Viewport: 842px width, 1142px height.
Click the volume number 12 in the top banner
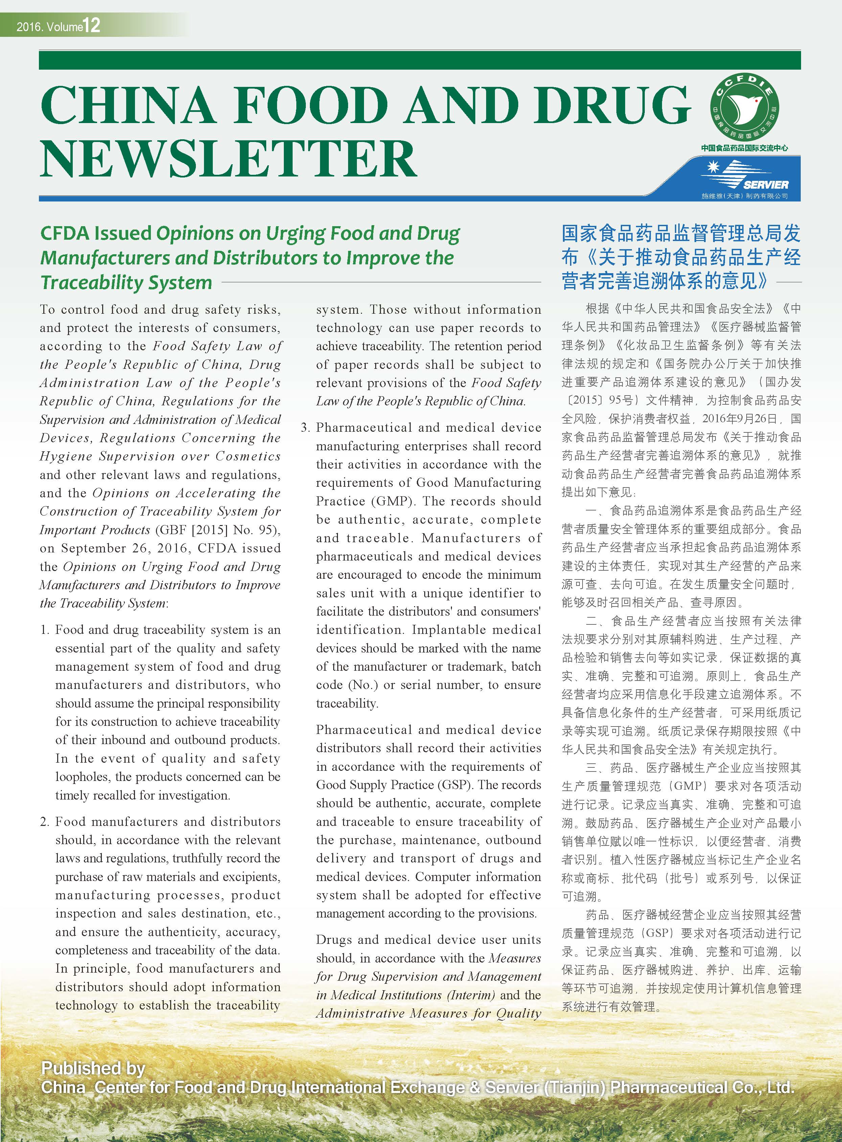tap(92, 25)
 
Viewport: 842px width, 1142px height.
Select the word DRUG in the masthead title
tap(612, 104)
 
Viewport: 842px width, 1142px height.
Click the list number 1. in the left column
tap(45, 630)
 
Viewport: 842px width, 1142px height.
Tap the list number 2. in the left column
tap(45, 822)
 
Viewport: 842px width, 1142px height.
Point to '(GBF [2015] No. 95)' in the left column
tap(217, 530)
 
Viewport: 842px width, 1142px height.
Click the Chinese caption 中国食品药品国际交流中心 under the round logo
tap(744, 148)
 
